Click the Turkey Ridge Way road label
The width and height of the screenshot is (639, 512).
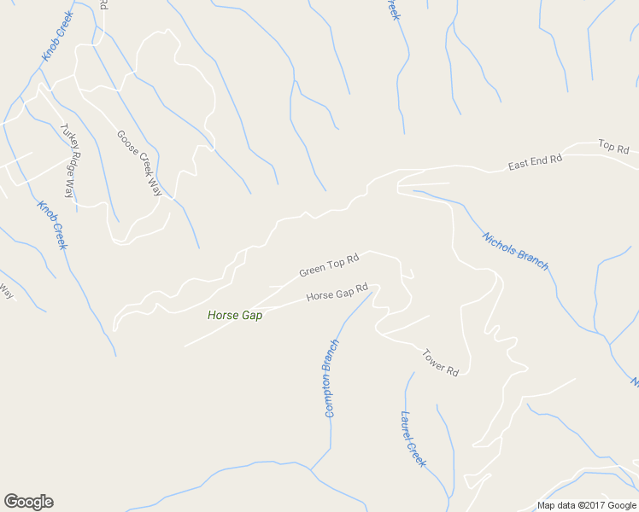pyautogui.click(x=67, y=161)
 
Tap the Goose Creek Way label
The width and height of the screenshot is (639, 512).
pyautogui.click(x=139, y=163)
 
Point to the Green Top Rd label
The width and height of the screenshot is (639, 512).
pyautogui.click(x=327, y=265)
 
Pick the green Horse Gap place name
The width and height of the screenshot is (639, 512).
pyautogui.click(x=235, y=315)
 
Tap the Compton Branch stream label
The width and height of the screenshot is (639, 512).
pyautogui.click(x=331, y=378)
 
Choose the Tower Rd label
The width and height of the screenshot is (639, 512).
pyautogui.click(x=441, y=362)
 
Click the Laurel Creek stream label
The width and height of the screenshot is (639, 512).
pyautogui.click(x=413, y=439)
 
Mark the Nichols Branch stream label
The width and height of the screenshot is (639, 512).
pyautogui.click(x=515, y=251)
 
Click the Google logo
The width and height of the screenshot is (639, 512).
pyautogui.click(x=28, y=501)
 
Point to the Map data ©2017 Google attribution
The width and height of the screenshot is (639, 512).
pyautogui.click(x=588, y=505)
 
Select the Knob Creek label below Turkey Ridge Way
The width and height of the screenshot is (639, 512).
pyautogui.click(x=52, y=224)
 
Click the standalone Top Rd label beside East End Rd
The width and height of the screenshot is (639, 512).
pyautogui.click(x=613, y=147)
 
